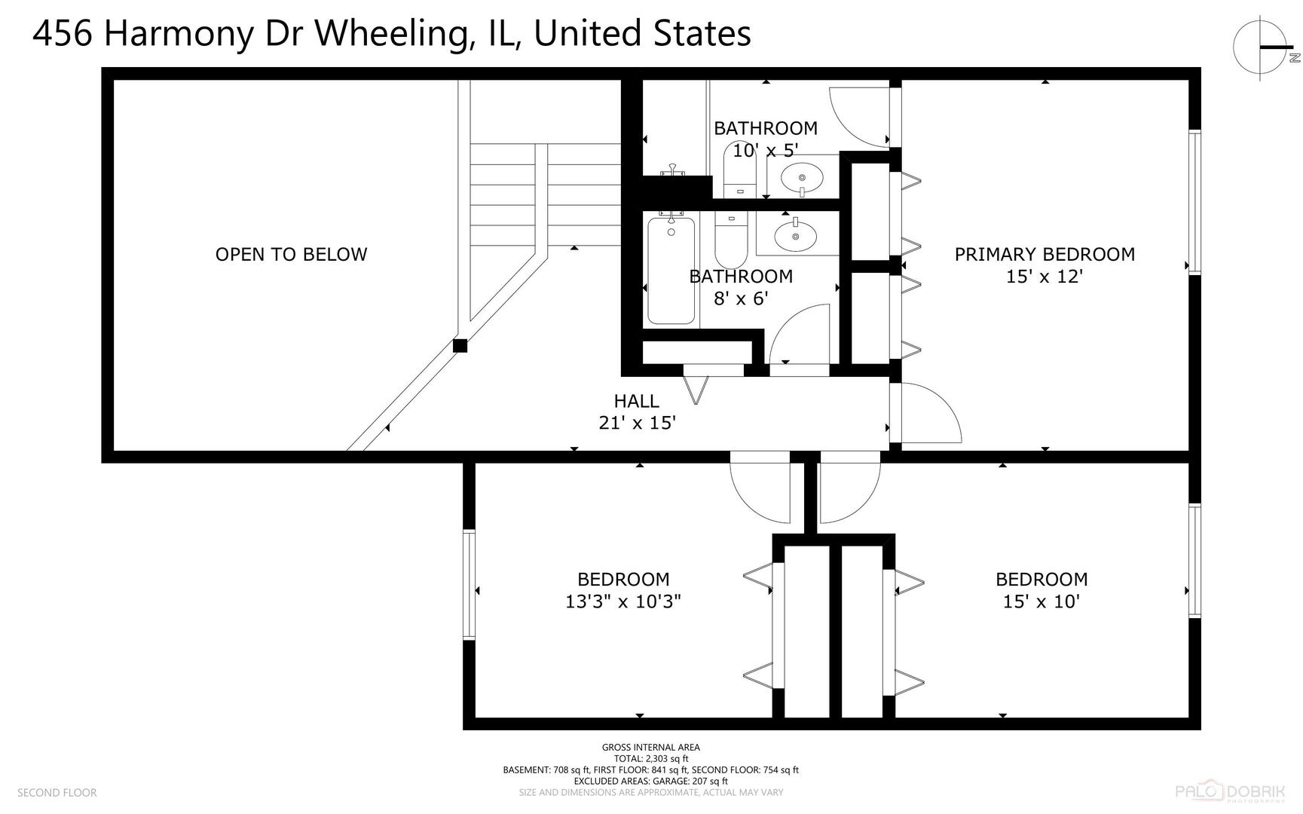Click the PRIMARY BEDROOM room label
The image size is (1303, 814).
pyautogui.click(x=1045, y=255)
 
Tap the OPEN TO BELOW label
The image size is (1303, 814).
pyautogui.click(x=291, y=255)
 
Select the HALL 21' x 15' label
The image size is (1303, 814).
pyautogui.click(x=637, y=412)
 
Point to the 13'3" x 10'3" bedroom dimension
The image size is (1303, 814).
pyautogui.click(x=623, y=601)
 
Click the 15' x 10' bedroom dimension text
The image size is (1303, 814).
pyautogui.click(x=1041, y=601)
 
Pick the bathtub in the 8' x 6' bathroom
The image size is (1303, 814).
pyautogui.click(x=671, y=270)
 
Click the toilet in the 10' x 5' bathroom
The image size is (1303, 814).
pyautogui.click(x=739, y=170)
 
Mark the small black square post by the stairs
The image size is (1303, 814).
pyautogui.click(x=460, y=346)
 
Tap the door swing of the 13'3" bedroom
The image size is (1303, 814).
pyautogui.click(x=761, y=490)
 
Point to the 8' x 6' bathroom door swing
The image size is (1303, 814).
pyautogui.click(x=800, y=335)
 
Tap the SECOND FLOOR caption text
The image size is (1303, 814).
pyautogui.click(x=57, y=793)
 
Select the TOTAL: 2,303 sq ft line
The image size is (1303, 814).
pyautogui.click(x=650, y=759)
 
